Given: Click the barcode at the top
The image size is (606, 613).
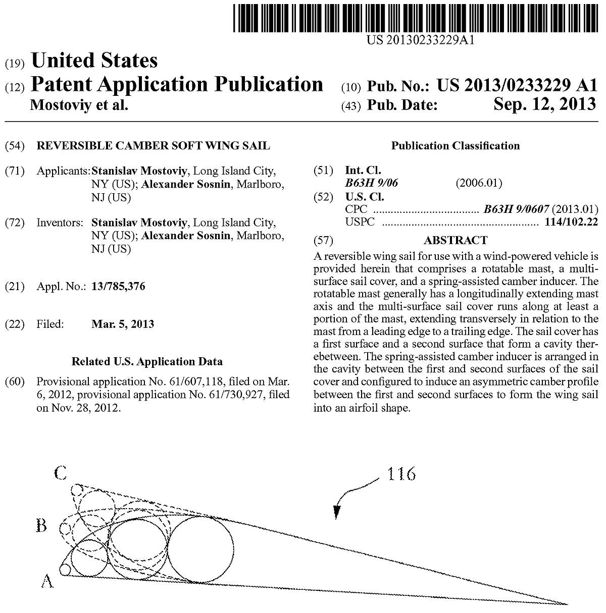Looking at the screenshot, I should [x=414, y=17].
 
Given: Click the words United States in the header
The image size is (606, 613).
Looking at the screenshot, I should [x=94, y=61].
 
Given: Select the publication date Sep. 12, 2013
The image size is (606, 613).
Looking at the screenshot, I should [x=545, y=104].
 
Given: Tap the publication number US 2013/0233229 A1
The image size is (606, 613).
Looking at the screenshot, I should [x=517, y=85].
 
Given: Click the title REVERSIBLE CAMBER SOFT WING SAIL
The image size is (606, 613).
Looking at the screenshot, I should [x=154, y=146].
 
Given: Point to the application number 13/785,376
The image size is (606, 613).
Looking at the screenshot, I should [x=118, y=287].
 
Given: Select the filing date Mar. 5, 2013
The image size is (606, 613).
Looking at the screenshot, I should [x=123, y=324].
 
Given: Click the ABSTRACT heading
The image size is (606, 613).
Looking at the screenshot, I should [x=455, y=240].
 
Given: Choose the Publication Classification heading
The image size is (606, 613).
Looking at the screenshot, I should [x=455, y=146].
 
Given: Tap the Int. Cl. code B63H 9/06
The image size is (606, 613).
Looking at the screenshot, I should [x=371, y=183].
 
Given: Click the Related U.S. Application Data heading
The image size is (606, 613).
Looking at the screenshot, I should [x=147, y=361].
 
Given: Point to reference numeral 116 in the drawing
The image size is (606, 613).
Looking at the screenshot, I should [x=401, y=474].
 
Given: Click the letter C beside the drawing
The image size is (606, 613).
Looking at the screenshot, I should [x=60, y=473].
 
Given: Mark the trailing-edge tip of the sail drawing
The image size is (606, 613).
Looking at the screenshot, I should [x=568, y=603].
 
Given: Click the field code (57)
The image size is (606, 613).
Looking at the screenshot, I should [x=323, y=240].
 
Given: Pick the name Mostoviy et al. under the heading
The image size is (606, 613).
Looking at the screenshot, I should [x=79, y=105].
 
